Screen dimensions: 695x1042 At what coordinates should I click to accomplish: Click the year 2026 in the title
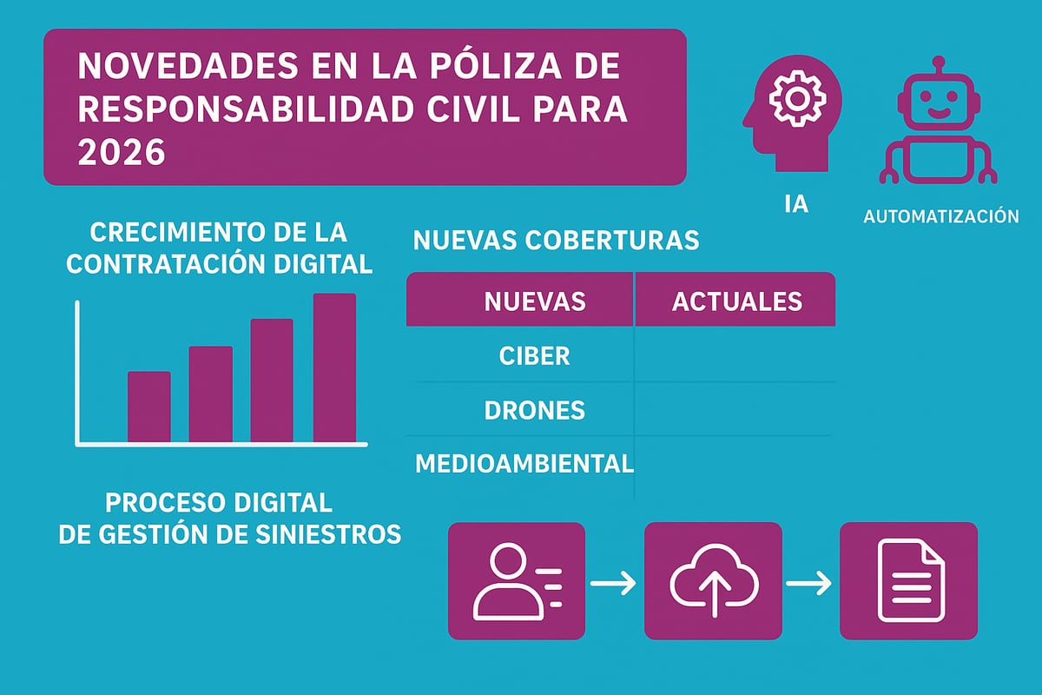coord(121,152)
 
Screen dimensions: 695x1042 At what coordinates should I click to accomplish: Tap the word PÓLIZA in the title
coord(487,69)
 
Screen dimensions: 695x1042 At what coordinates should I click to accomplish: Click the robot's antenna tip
coord(937,63)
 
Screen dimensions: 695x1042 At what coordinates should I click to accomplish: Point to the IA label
coord(795,206)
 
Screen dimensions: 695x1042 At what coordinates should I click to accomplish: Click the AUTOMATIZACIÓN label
coord(941,216)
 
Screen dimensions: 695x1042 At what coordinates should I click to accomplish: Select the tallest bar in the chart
coord(334,367)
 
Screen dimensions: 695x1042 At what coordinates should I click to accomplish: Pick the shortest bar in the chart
coord(149,407)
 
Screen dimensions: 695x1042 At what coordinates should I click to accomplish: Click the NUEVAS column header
coord(534,301)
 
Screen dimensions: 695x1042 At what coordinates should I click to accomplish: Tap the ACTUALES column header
coord(736,301)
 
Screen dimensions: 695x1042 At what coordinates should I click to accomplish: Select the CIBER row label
coord(535,356)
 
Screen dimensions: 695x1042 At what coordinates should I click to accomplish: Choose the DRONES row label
coord(534,410)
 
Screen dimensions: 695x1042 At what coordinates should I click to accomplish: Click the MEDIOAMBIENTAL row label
coord(524,463)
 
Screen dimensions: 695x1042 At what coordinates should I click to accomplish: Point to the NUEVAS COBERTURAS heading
coord(556,240)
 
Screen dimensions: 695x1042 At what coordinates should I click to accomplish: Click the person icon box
coord(516,580)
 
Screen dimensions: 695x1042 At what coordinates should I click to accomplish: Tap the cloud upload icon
coord(713,580)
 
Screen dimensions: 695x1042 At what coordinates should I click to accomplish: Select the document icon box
coord(908,580)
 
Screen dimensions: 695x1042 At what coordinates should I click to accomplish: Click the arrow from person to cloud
coord(614,582)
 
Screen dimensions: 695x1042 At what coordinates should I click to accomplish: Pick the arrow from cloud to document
coord(809,582)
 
